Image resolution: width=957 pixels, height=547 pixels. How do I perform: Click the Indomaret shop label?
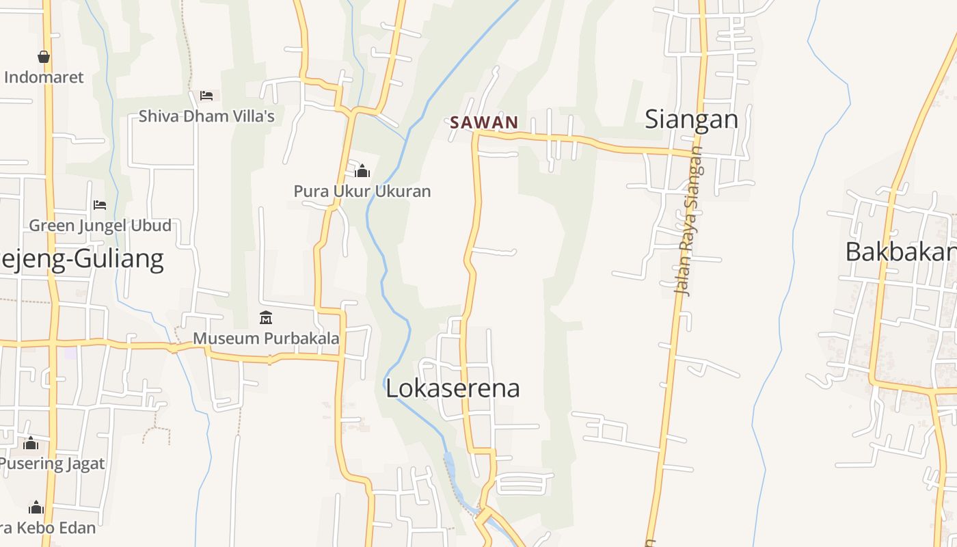44,77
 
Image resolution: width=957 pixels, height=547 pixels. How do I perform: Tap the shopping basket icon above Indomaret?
44,57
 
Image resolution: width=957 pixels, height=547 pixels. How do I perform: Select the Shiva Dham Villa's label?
206,116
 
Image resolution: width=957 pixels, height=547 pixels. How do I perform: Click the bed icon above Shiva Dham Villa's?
206,96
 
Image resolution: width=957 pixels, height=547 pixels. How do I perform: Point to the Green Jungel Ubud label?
100,226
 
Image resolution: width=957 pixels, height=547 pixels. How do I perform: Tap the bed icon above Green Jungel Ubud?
100,205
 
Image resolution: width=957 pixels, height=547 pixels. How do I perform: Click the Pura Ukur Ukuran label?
362,191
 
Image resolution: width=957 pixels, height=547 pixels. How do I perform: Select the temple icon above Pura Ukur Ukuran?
362,170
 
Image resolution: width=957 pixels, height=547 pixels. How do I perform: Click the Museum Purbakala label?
266,338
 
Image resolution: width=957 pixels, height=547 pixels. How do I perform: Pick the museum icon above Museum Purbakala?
266,318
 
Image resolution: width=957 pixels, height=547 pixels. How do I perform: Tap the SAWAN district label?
484,123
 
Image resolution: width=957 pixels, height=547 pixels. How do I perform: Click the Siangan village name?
692,120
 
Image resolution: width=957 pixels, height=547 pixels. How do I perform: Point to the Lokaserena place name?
453,388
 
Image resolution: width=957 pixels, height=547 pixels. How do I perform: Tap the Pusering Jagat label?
52,464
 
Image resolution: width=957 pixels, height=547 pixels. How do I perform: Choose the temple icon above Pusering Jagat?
30,444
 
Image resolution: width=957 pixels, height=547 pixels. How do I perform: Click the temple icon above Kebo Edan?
36,507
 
